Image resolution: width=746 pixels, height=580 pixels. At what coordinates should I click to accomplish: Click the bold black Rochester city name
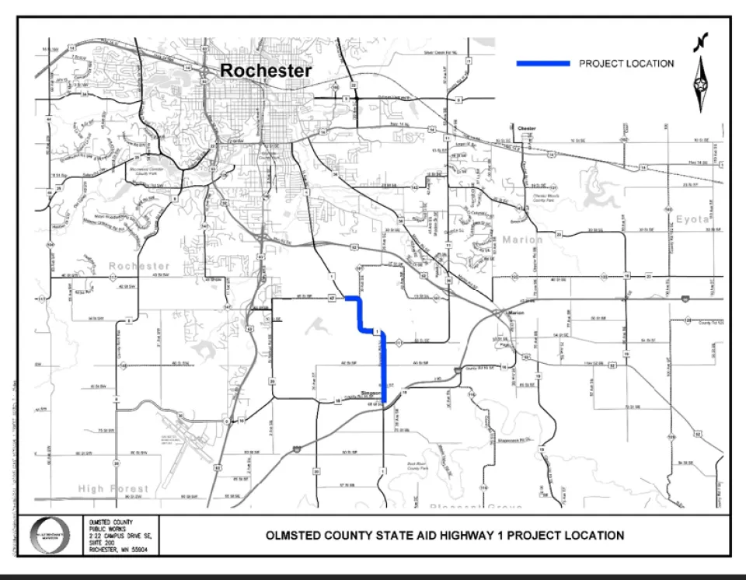click(266, 71)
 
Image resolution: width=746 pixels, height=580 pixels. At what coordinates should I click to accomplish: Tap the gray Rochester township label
click(138, 266)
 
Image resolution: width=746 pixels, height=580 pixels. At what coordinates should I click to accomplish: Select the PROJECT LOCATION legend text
click(626, 63)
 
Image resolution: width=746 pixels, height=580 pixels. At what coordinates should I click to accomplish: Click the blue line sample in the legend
click(543, 63)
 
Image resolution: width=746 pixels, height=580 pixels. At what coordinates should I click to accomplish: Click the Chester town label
click(527, 128)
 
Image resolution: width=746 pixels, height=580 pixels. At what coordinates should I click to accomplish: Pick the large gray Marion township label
click(522, 239)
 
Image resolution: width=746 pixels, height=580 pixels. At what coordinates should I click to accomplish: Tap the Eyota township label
click(692, 219)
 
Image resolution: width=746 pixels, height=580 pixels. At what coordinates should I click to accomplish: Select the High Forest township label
click(113, 488)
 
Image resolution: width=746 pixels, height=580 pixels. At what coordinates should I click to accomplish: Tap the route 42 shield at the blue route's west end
click(331, 298)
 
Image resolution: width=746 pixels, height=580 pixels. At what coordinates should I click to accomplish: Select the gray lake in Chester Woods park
click(598, 187)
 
